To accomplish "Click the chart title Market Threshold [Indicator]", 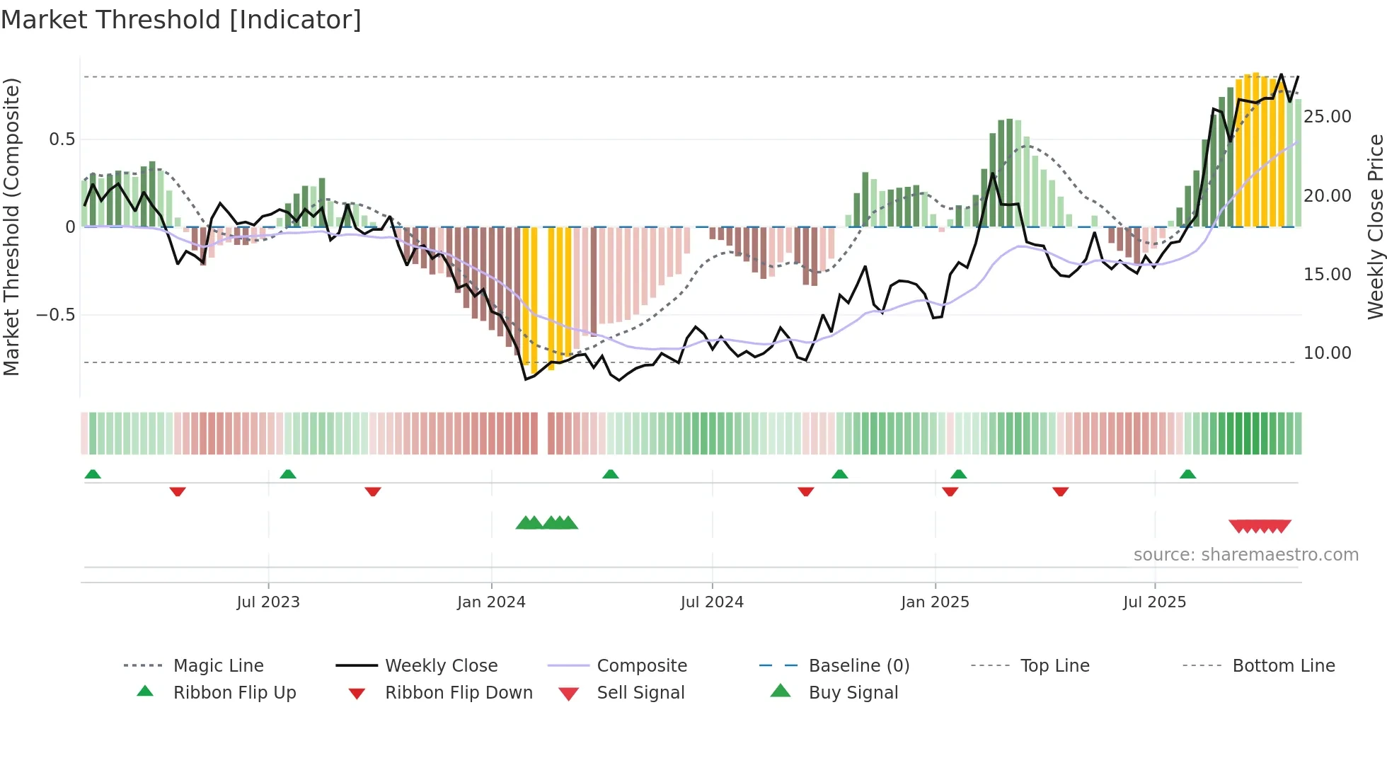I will (x=181, y=20).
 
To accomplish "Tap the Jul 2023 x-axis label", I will (x=268, y=602).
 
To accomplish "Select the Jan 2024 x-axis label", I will (x=491, y=602).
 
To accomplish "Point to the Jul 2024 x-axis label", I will (x=712, y=602).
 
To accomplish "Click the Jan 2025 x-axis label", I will (x=935, y=602).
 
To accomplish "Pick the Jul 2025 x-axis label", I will (x=1154, y=602).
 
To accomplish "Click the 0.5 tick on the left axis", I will (x=62, y=139).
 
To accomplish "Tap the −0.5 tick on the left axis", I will (x=56, y=314).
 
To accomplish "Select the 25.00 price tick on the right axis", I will (x=1327, y=117).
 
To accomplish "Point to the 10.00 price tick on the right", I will (x=1327, y=352).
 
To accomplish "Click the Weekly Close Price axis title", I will (x=1375, y=226).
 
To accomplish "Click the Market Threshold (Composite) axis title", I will (x=11, y=226).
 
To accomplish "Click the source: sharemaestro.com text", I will (x=1245, y=555).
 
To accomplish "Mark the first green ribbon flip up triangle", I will (x=93, y=474).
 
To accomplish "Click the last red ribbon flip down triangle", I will (x=1060, y=491).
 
